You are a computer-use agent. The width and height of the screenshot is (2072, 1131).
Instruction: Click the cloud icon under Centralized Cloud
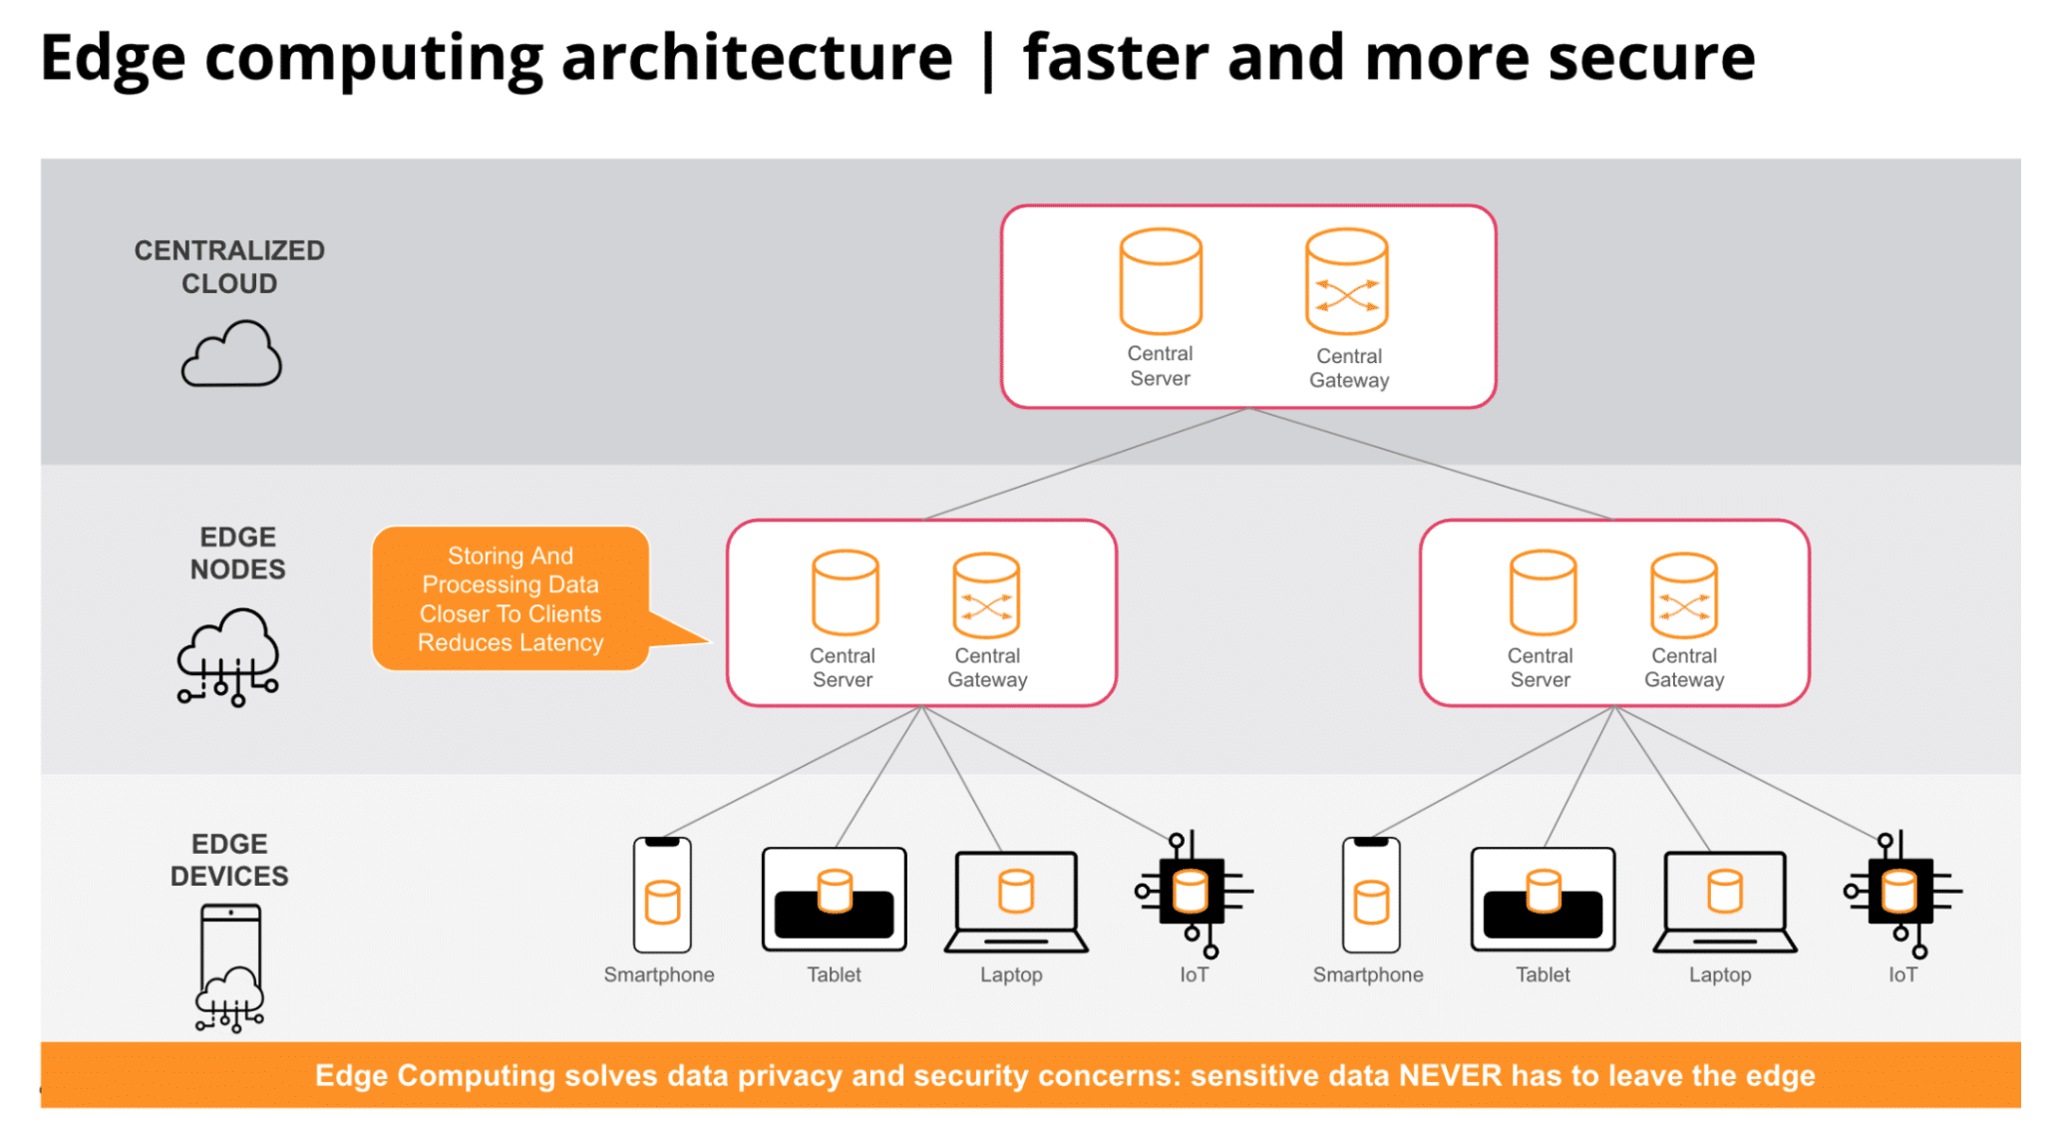(x=231, y=355)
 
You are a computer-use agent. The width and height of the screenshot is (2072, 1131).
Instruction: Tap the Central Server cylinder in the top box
(x=1160, y=281)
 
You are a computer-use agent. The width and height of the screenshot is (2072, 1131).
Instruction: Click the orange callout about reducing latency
(x=511, y=598)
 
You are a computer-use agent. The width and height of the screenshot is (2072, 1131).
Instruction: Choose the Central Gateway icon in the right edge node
(x=1683, y=596)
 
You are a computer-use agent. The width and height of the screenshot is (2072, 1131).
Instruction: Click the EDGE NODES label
(x=237, y=553)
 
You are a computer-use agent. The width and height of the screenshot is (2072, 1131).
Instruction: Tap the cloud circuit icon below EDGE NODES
(x=228, y=657)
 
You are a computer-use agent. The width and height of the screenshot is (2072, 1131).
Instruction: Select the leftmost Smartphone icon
(x=662, y=895)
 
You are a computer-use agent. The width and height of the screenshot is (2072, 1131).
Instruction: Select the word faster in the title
(x=1116, y=57)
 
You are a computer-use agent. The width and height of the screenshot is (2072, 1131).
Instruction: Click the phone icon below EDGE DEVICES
(x=230, y=965)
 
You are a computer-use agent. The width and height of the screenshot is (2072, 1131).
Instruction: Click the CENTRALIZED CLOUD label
(x=229, y=266)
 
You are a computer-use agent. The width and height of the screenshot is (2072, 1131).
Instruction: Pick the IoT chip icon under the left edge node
(x=1193, y=893)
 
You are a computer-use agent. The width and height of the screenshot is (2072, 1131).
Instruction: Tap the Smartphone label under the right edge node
(x=1367, y=974)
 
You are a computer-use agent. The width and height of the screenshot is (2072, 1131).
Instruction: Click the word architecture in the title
(x=757, y=57)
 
